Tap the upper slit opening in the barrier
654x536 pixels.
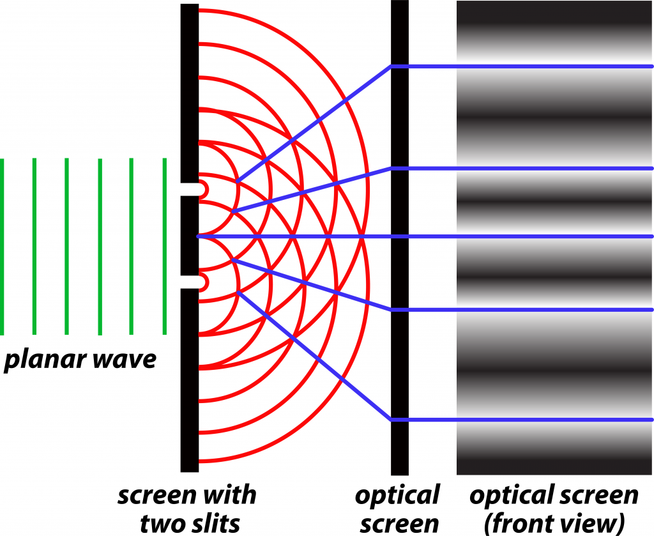(189, 189)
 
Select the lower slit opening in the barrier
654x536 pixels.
(189, 282)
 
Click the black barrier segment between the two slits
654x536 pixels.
(189, 236)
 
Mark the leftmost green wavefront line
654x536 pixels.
(2, 247)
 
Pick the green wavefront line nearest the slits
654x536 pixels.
(165, 247)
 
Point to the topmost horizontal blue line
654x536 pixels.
(522, 66)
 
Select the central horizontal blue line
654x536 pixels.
(425, 236)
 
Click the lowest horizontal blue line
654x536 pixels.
(522, 420)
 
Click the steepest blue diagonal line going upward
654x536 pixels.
(314, 124)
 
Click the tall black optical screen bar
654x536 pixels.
(400, 238)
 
